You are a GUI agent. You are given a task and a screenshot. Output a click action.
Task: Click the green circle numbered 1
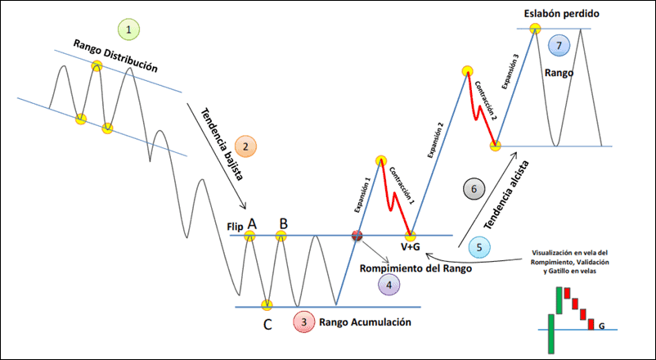pyautogui.click(x=128, y=29)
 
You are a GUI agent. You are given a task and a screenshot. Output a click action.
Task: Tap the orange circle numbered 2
pyautogui.click(x=245, y=146)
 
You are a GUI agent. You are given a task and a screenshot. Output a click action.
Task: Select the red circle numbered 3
pyautogui.click(x=304, y=322)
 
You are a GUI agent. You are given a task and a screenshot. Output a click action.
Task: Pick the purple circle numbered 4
pyautogui.click(x=389, y=285)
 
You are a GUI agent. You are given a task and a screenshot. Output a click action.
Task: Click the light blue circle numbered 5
pyautogui.click(x=479, y=247)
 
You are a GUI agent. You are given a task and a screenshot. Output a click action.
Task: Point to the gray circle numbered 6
pyautogui.click(x=474, y=189)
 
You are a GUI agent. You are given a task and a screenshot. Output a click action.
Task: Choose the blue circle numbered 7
pyautogui.click(x=558, y=45)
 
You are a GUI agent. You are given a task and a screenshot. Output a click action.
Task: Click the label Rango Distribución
pyautogui.click(x=115, y=56)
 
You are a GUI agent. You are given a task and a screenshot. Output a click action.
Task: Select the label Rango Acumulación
pyautogui.click(x=365, y=322)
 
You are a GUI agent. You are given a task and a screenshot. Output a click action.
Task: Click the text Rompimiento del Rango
pyautogui.click(x=416, y=268)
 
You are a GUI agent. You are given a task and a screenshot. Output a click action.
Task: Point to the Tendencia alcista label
pyautogui.click(x=506, y=195)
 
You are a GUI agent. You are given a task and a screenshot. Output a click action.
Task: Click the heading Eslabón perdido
pyautogui.click(x=561, y=14)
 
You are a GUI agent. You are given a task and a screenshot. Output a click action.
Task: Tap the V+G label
pyautogui.click(x=411, y=247)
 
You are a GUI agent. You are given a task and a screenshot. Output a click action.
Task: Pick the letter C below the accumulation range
pyautogui.click(x=267, y=325)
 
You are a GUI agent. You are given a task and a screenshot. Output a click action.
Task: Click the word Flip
pyautogui.click(x=235, y=227)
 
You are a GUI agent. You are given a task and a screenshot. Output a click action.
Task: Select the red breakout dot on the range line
pyautogui.click(x=357, y=236)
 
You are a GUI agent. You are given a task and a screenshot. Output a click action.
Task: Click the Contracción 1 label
pyautogui.click(x=401, y=185)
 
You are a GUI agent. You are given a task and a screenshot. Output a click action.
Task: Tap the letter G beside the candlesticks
pyautogui.click(x=602, y=326)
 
